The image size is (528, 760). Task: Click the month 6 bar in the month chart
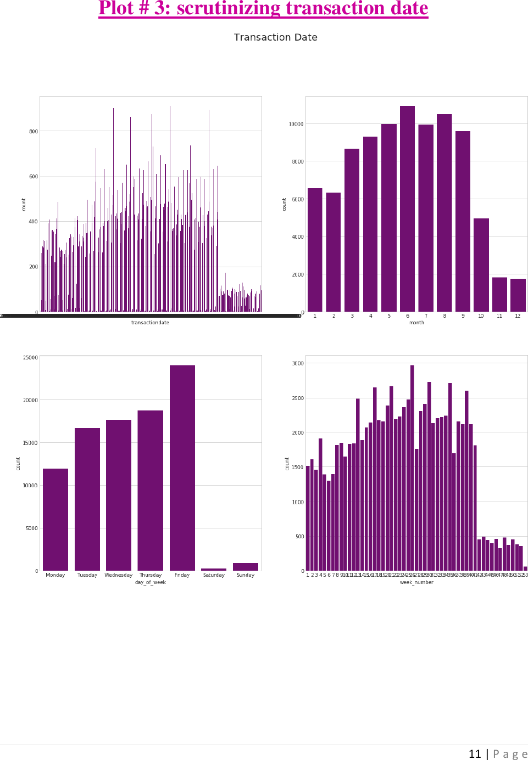click(x=407, y=209)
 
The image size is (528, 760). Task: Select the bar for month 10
click(x=481, y=265)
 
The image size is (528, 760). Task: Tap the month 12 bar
click(x=518, y=295)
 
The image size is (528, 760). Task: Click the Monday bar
click(x=55, y=519)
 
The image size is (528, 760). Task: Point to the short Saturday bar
click(x=214, y=569)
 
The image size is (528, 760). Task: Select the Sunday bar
click(x=246, y=567)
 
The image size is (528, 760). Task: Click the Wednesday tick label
click(x=119, y=575)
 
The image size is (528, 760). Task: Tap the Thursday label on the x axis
click(x=150, y=575)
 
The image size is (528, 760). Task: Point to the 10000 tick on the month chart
click(x=296, y=124)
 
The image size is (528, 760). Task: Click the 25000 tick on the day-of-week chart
click(x=30, y=358)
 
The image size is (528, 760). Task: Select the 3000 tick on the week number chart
click(x=298, y=363)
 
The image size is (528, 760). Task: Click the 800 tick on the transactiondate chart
click(x=34, y=132)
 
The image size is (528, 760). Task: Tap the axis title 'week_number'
click(x=416, y=582)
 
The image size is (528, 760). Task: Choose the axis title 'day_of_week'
click(x=150, y=582)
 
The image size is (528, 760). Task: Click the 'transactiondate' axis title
click(x=150, y=323)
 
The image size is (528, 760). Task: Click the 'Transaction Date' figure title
click(x=275, y=37)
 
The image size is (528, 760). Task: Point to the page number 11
click(x=475, y=754)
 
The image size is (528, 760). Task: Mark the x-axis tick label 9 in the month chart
click(x=463, y=316)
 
